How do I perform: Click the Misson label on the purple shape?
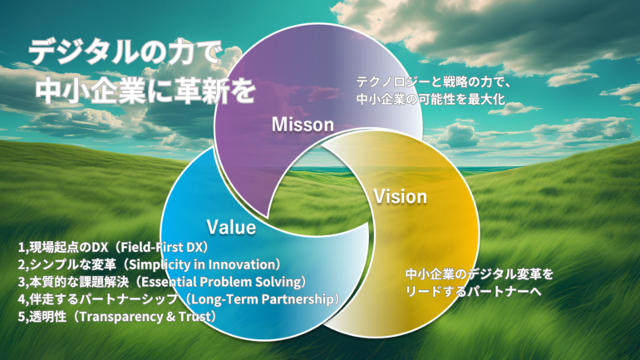pos(303,125)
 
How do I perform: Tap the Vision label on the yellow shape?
pos(401,197)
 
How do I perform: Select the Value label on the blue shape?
pos(231,227)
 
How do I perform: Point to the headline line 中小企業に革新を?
pos(145,90)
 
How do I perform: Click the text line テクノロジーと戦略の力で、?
pos(434,82)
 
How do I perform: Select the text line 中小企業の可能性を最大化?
pos(431,99)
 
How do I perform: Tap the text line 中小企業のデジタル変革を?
pos(480,274)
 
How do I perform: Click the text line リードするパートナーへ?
pos(474,292)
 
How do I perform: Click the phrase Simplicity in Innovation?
pos(203,264)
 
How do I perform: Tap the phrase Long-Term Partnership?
pos(262,299)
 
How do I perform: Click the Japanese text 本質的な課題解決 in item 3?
pos(79,282)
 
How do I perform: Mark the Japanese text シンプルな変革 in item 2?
pos(72,264)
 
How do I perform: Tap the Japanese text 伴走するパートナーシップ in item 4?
pos(104,299)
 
